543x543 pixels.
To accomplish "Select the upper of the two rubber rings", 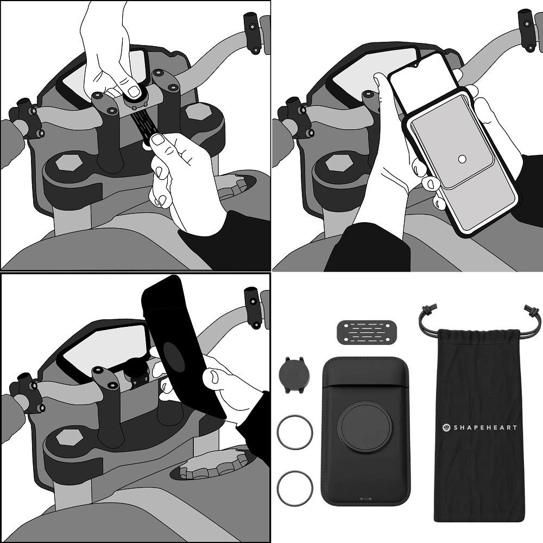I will (x=295, y=433).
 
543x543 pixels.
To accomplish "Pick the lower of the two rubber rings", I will (x=295, y=488).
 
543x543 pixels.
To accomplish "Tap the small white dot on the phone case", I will (x=462, y=159).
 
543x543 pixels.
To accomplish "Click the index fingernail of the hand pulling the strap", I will (x=159, y=140).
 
